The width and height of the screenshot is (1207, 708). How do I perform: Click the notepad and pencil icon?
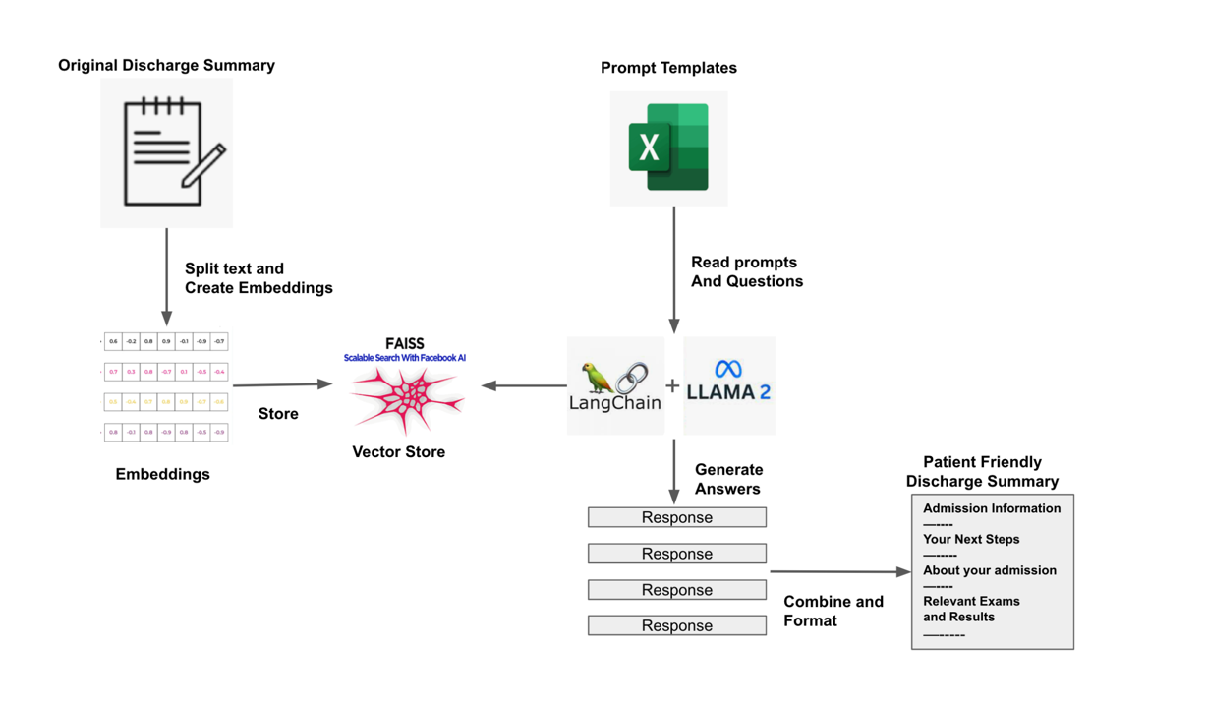tap(167, 152)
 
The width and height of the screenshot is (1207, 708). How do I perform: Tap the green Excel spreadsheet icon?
tap(668, 147)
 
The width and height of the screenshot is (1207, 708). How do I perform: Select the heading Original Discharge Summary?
tap(166, 66)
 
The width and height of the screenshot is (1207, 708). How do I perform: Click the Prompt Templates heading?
tap(668, 68)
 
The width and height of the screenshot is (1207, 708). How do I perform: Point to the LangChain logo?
tap(615, 386)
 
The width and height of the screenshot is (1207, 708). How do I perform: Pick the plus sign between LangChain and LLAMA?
tap(672, 386)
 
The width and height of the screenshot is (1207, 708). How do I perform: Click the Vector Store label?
tap(398, 452)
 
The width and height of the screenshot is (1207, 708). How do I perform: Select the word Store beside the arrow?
tap(278, 414)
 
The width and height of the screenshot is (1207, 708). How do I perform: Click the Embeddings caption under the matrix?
tap(162, 474)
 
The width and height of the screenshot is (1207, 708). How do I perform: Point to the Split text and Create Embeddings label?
tap(259, 278)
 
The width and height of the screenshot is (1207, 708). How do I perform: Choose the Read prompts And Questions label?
tap(746, 272)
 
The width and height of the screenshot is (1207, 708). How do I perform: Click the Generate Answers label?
tap(728, 479)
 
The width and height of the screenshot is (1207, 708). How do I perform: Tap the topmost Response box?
tap(676, 517)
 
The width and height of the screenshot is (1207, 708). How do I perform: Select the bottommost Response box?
tap(676, 625)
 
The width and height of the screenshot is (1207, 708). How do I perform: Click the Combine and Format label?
tap(833, 611)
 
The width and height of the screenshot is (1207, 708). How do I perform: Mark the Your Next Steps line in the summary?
tap(971, 539)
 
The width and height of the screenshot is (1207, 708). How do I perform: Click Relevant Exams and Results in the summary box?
tap(971, 609)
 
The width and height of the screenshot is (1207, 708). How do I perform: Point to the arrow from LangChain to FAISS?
tap(523, 385)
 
